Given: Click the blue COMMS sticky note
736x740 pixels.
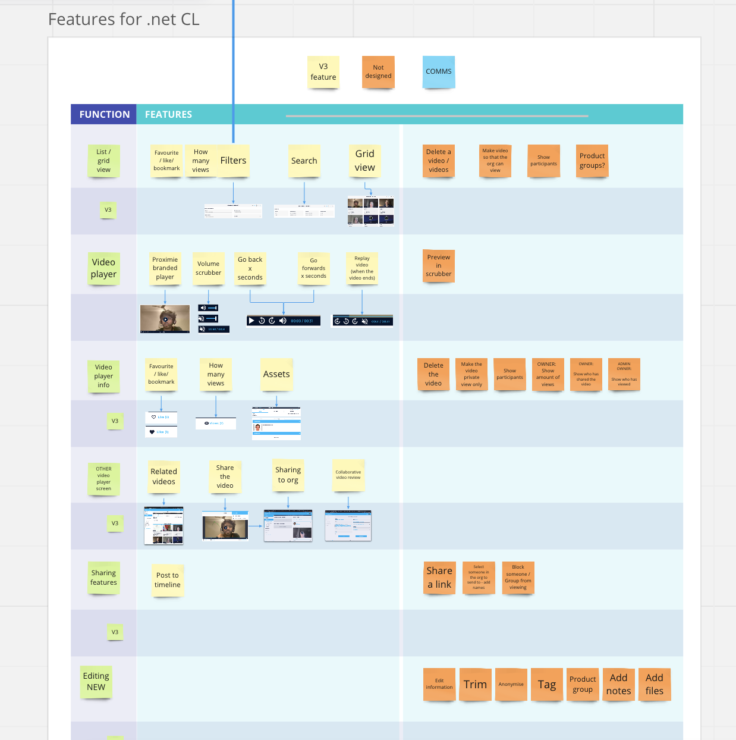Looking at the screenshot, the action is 439,71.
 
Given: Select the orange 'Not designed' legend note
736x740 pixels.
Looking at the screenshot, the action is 378,72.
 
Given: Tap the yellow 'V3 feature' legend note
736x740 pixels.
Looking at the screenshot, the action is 323,72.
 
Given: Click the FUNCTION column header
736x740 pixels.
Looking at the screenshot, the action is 104,114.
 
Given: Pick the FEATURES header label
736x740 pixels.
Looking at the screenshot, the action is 168,114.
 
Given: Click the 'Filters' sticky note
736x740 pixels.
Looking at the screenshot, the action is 234,161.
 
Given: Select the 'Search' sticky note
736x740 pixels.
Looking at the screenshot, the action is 304,161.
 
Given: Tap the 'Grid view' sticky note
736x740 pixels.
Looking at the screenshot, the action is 364,161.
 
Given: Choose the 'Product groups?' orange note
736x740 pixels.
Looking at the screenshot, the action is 592,161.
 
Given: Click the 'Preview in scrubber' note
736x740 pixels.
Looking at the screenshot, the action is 439,265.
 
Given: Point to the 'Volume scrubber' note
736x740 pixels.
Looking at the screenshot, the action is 208,268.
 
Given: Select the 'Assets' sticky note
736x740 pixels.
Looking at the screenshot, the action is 276,374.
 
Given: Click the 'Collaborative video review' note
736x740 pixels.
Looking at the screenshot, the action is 348,475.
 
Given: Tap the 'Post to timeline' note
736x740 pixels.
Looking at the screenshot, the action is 168,580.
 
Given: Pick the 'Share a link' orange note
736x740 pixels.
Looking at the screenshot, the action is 439,578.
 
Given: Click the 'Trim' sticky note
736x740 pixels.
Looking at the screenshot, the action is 475,685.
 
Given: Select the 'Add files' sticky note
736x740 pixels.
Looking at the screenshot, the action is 654,685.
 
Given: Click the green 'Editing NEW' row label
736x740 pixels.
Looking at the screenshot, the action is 96,682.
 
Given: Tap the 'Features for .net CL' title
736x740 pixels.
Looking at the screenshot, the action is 124,20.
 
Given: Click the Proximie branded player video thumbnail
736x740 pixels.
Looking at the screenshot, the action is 165,319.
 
